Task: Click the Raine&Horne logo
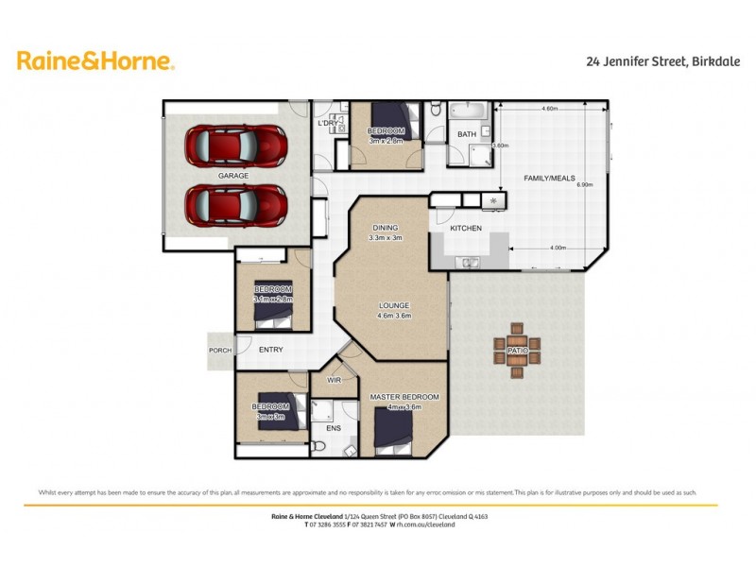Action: (x=96, y=61)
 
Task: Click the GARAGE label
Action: (x=233, y=176)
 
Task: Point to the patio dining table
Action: (x=516, y=352)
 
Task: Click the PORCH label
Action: (x=220, y=350)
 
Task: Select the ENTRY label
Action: (x=271, y=350)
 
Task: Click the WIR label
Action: (x=335, y=380)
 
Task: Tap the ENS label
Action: (x=334, y=428)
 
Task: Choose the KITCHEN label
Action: (x=466, y=229)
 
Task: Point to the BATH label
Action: (x=467, y=135)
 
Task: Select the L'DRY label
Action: (x=329, y=124)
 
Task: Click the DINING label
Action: (x=386, y=228)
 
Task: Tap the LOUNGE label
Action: (x=393, y=305)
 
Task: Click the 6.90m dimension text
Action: (x=584, y=185)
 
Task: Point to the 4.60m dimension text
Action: (x=549, y=110)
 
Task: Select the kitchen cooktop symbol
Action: (x=493, y=201)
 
